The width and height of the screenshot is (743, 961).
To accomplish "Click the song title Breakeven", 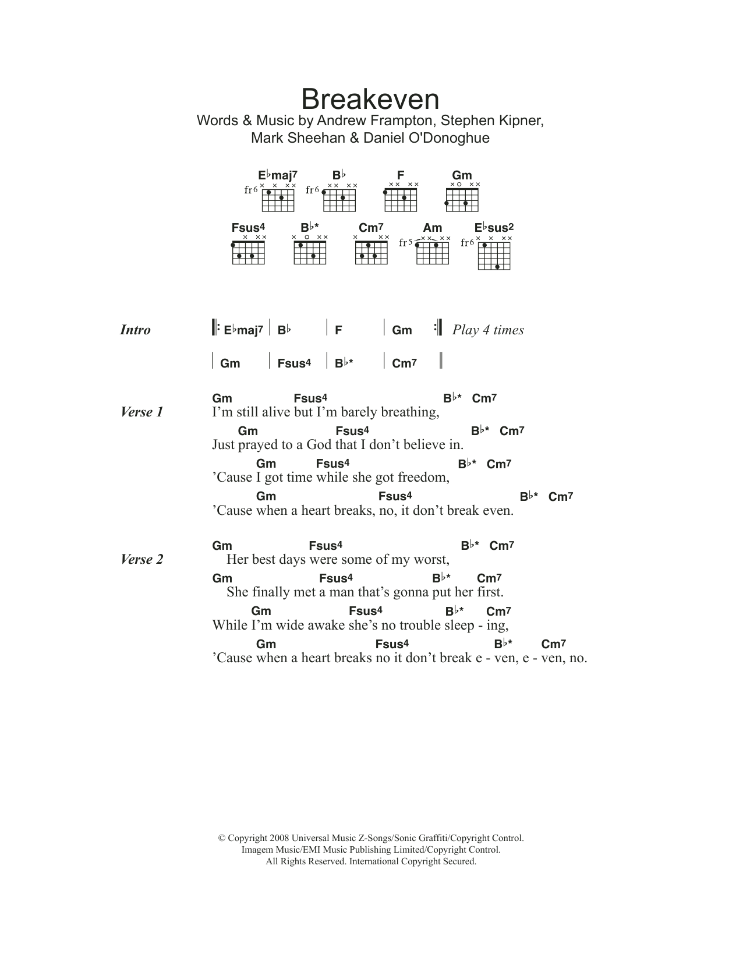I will [370, 100].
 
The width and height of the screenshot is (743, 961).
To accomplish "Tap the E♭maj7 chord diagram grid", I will [278, 200].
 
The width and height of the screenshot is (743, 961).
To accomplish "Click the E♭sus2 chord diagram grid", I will [494, 256].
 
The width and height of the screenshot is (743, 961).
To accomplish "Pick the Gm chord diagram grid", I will [462, 200].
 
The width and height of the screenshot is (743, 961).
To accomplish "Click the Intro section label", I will [135, 330].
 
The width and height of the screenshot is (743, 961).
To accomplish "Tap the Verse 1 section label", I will [141, 412].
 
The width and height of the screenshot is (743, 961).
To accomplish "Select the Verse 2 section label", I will [141, 560].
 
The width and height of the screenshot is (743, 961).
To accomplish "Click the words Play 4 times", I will [488, 330].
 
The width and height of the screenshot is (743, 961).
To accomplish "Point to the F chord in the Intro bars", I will [338, 330].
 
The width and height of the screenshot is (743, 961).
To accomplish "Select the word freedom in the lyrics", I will [423, 478].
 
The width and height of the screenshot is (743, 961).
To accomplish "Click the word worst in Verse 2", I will [431, 560].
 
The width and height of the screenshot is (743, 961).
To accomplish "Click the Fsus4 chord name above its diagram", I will [248, 228].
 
